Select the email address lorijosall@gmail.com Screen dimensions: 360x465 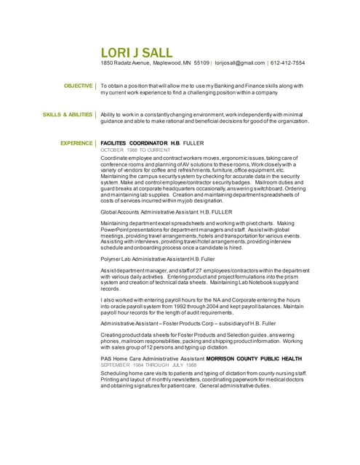(x=239, y=63)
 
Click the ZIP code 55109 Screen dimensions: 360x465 (x=201, y=63)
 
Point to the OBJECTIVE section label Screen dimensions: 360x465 (x=78, y=86)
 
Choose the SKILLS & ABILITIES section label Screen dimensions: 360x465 (x=68, y=115)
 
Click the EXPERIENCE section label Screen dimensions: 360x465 (x=76, y=143)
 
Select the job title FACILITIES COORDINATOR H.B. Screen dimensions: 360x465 (x=140, y=143)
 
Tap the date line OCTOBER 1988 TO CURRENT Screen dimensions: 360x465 (x=130, y=150)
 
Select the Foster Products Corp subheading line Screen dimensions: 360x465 (x=188, y=323)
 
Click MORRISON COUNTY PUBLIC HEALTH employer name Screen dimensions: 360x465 (x=253, y=358)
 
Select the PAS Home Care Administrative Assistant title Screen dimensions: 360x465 (x=152, y=358)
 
